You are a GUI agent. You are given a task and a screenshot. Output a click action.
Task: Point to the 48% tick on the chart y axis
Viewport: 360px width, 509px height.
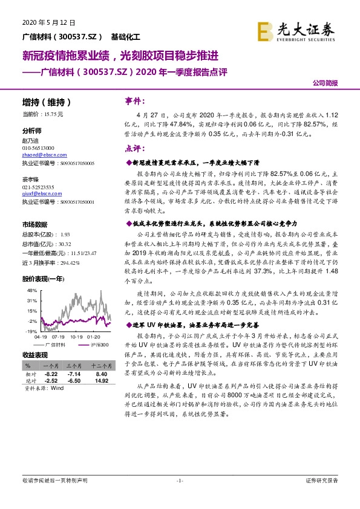point(33,291)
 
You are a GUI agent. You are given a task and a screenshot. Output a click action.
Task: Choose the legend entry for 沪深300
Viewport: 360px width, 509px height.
point(96,343)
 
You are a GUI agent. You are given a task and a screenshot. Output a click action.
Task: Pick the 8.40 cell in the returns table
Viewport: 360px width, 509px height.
point(101,374)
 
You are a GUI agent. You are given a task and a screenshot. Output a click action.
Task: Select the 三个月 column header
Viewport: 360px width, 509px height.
point(74,366)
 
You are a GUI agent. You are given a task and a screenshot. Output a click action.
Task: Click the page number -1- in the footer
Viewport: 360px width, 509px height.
point(179,481)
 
